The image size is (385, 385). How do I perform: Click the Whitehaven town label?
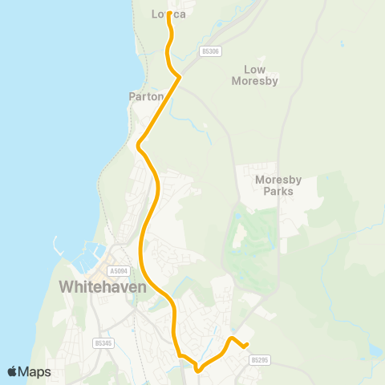pyautogui.click(x=101, y=286)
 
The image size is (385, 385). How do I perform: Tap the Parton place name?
pyautogui.click(x=146, y=96)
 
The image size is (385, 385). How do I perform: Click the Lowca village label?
pyautogui.click(x=168, y=14)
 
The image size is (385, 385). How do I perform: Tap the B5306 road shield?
pyautogui.click(x=210, y=51)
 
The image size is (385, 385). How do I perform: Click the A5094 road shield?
pyautogui.click(x=119, y=271)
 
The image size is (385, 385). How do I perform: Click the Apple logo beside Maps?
pyautogui.click(x=13, y=371)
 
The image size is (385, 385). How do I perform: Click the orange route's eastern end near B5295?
pyautogui.click(x=246, y=346)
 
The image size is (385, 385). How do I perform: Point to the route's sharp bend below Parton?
pyautogui.click(x=140, y=146)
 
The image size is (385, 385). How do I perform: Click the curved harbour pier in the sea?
pyautogui.click(x=58, y=246)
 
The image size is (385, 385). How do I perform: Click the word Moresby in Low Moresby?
pyautogui.click(x=254, y=80)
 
